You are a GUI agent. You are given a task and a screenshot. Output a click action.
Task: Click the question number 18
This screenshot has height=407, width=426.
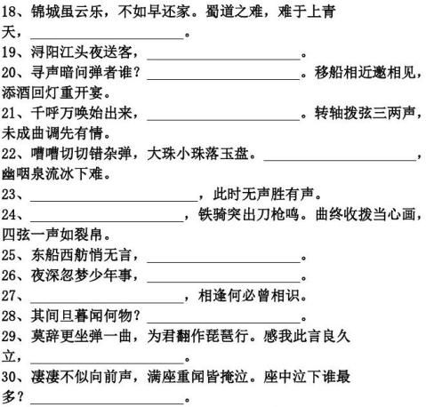(x=9, y=12)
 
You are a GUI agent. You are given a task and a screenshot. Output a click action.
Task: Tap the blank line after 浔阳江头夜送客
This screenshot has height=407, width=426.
(x=224, y=60)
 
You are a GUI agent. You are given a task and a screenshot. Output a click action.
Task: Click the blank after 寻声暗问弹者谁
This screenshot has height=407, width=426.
(x=223, y=79)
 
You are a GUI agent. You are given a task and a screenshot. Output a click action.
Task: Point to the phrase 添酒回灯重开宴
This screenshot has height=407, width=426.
(x=52, y=92)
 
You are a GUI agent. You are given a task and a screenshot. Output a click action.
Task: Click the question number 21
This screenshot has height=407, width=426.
(x=9, y=114)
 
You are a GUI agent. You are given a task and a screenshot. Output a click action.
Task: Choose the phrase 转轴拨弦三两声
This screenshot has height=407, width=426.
(x=365, y=113)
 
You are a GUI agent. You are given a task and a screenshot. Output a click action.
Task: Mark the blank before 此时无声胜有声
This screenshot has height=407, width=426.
(x=114, y=201)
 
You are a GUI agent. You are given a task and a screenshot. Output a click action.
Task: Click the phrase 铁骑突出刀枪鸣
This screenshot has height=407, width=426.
(x=248, y=214)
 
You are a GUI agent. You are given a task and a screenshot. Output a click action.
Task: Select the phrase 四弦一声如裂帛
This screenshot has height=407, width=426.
(x=52, y=235)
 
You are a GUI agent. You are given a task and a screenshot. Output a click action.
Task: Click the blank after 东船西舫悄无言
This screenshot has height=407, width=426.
(x=224, y=262)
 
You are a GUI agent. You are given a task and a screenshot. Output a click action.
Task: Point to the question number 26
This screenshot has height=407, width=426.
(x=9, y=275)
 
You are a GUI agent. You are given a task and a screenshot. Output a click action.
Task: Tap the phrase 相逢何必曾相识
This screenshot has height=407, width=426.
(x=248, y=296)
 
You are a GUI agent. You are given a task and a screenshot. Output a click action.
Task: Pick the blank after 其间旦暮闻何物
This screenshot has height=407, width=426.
(x=224, y=323)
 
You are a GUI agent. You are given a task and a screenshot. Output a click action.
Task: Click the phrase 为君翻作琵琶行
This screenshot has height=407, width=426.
(x=197, y=336)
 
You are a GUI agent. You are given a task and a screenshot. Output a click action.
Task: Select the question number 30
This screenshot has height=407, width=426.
(x=9, y=377)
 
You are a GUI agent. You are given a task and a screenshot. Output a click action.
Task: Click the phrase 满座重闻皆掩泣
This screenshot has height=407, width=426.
(x=197, y=377)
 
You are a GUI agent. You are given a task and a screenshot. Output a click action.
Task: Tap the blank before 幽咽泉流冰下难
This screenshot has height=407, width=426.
(x=340, y=160)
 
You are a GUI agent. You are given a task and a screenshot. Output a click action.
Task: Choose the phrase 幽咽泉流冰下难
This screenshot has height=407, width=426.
(x=52, y=174)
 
